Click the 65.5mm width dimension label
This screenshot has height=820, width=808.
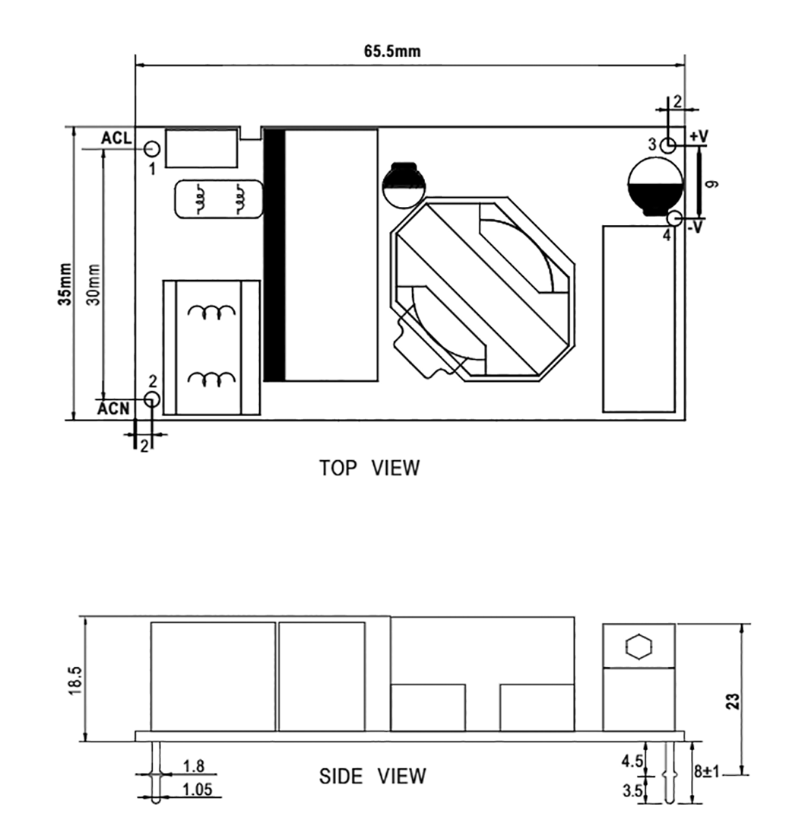pyautogui.click(x=392, y=52)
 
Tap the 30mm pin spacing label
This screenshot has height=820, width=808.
pyautogui.click(x=93, y=284)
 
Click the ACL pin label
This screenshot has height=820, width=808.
pyautogui.click(x=116, y=138)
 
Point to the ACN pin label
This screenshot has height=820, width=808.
pyautogui.click(x=113, y=408)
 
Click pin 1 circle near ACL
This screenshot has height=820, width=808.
pyautogui.click(x=151, y=149)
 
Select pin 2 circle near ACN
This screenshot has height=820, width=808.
pyautogui.click(x=152, y=399)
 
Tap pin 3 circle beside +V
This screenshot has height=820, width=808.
pyautogui.click(x=668, y=145)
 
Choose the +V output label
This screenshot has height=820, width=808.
pyautogui.click(x=698, y=136)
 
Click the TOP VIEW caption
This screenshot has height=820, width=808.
pyautogui.click(x=369, y=468)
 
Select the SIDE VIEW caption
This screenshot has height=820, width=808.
pyautogui.click(x=372, y=777)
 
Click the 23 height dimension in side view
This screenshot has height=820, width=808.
pyautogui.click(x=733, y=701)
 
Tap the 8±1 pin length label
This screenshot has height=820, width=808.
pyautogui.click(x=708, y=770)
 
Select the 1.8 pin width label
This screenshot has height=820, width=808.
pyautogui.click(x=194, y=766)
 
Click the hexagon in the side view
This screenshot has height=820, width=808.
pyautogui.click(x=638, y=647)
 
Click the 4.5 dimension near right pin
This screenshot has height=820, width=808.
pyautogui.click(x=632, y=761)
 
